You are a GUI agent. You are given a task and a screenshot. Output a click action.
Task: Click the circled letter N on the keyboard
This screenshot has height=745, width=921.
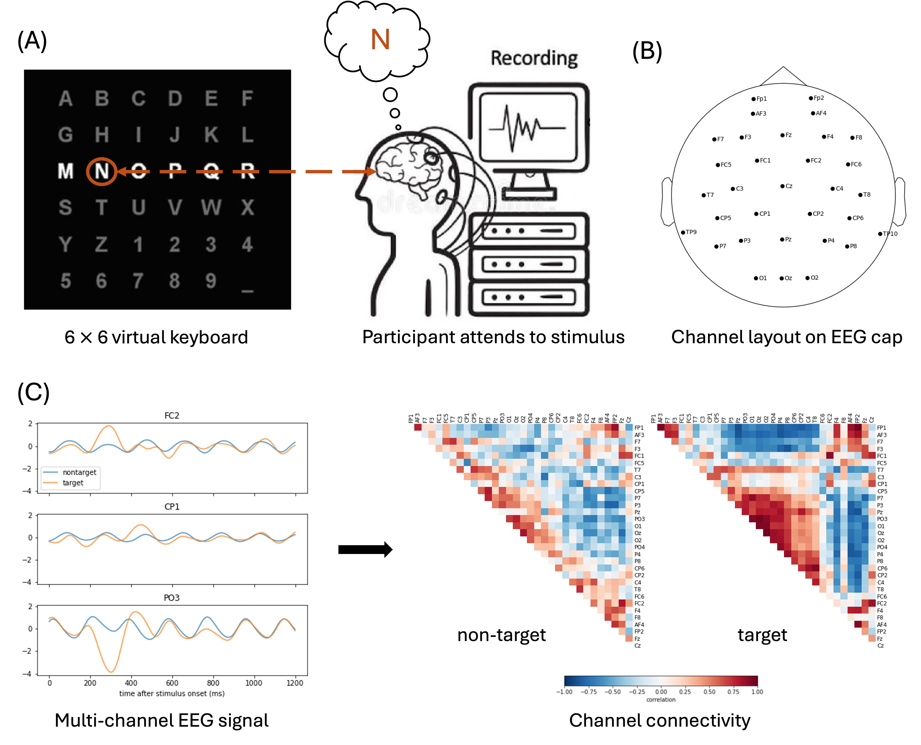(102, 171)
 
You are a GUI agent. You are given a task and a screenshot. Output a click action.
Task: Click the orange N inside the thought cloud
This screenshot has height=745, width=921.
(380, 40)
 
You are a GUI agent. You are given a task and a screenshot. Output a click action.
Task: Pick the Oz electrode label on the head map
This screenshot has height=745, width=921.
(788, 278)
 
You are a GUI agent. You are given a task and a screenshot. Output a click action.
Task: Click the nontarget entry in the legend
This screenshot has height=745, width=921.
(79, 472)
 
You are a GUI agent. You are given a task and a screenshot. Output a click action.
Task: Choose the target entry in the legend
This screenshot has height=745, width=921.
(73, 483)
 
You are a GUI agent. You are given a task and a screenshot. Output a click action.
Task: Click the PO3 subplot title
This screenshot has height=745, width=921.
(172, 598)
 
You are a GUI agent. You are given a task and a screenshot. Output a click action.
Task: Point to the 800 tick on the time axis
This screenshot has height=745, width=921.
(213, 683)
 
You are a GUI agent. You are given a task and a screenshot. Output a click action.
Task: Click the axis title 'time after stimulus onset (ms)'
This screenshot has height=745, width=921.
(172, 693)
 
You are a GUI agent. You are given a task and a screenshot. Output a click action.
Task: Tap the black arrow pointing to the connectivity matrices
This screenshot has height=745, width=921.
(365, 549)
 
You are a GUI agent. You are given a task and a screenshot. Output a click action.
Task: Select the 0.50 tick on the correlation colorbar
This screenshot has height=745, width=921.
(709, 692)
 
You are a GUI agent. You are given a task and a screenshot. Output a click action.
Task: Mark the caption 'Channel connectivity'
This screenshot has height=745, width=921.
(659, 721)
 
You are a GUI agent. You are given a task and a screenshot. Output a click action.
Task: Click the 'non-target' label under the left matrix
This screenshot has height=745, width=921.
(501, 635)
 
